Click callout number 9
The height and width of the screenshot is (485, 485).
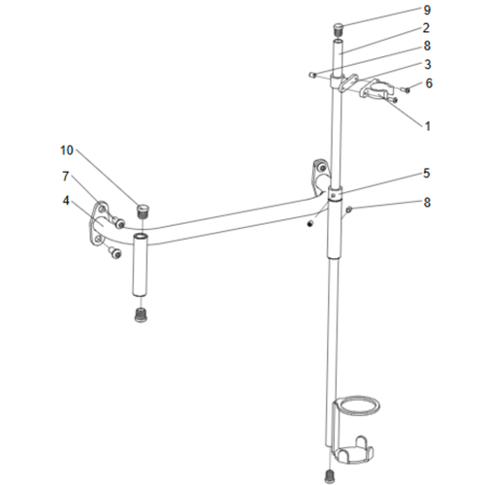(x=426, y=10)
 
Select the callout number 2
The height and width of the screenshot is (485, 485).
(x=426, y=28)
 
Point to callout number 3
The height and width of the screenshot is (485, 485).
(x=426, y=64)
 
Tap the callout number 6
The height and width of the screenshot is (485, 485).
(x=429, y=83)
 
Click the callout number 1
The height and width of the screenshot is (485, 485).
(x=426, y=125)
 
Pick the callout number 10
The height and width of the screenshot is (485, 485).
(x=66, y=150)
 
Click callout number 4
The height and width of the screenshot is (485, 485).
(x=66, y=201)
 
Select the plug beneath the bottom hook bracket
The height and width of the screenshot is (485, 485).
(x=332, y=473)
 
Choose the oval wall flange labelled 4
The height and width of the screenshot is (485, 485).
(x=100, y=223)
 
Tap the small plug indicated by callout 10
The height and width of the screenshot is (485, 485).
(x=143, y=210)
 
